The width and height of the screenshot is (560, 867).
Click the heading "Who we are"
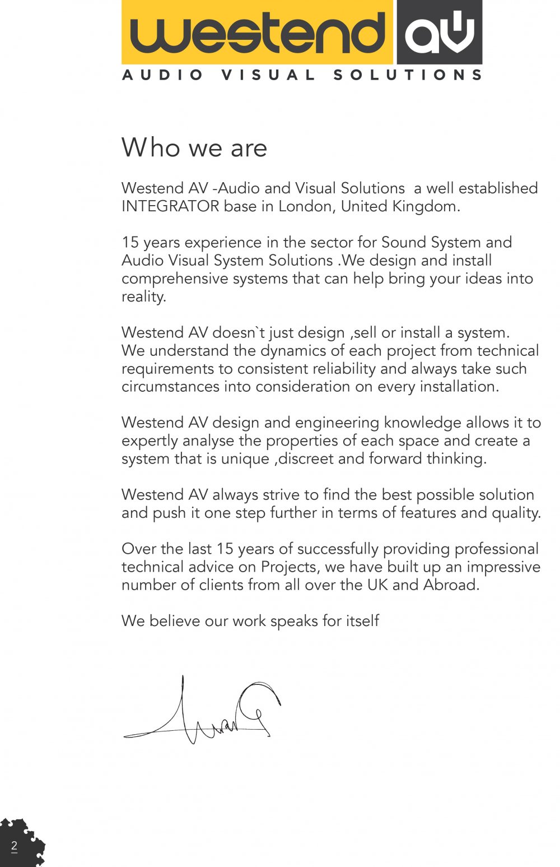point(194,148)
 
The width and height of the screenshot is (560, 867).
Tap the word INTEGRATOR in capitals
point(170,206)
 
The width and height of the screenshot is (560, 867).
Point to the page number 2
point(14,846)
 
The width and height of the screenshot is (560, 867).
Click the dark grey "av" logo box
point(440,33)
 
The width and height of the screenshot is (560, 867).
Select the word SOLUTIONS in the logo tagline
point(408,75)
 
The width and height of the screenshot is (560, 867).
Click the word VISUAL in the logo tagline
point(269,75)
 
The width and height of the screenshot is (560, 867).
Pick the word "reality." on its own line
point(144,296)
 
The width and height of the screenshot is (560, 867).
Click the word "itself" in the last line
point(361,621)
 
